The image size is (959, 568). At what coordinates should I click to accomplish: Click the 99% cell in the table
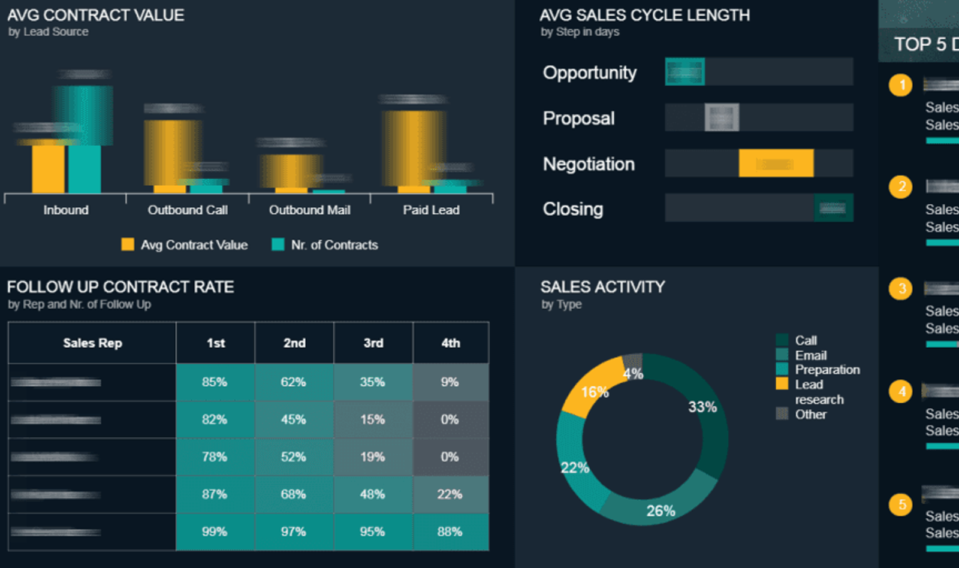(x=215, y=532)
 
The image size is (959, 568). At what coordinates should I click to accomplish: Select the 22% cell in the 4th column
(x=450, y=494)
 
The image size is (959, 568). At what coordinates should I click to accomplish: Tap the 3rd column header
(x=373, y=343)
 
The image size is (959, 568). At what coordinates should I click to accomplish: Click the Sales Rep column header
(x=92, y=343)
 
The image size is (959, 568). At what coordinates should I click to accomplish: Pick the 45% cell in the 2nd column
(x=294, y=419)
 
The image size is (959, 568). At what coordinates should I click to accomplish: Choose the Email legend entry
(x=810, y=355)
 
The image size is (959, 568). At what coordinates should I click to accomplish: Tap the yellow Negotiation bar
(x=776, y=164)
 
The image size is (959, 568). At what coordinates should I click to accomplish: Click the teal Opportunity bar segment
(x=685, y=72)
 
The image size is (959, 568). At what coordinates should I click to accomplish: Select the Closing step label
(x=573, y=209)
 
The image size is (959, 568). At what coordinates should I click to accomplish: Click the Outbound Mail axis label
(x=309, y=210)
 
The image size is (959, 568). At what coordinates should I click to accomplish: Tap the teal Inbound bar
(x=85, y=168)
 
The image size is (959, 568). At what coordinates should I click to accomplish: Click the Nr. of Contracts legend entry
(x=334, y=245)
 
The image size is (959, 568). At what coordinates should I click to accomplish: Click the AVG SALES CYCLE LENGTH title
(x=644, y=15)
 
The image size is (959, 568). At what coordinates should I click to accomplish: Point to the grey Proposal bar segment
(x=722, y=117)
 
